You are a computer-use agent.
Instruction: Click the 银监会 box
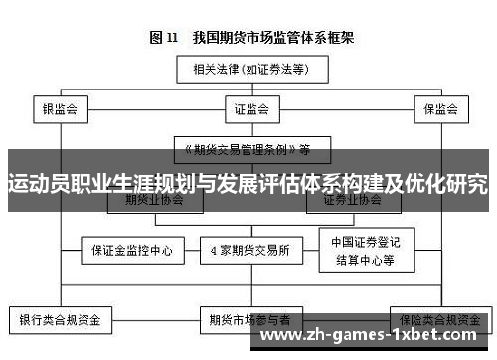click(61, 107)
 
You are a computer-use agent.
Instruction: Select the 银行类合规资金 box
click(61, 320)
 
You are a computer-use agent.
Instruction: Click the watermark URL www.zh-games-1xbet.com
click(377, 337)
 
